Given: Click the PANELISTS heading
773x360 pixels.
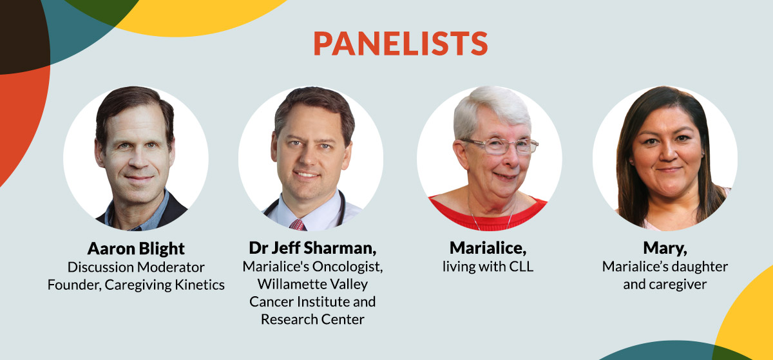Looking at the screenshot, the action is click(401, 43).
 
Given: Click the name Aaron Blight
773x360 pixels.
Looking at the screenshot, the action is click(136, 249).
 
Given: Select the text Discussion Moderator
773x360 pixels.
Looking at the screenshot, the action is click(136, 267).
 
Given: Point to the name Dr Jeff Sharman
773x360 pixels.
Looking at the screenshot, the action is click(312, 248).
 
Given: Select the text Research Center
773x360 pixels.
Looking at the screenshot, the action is click(312, 319).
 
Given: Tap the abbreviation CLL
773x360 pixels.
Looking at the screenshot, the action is click(520, 267).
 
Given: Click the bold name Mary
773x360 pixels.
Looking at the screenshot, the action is click(665, 248).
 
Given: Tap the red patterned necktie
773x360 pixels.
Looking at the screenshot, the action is click(297, 225).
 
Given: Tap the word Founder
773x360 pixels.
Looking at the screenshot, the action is click(75, 285).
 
